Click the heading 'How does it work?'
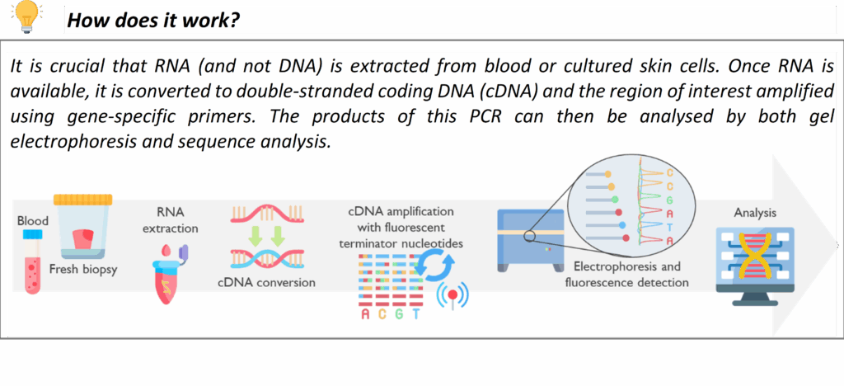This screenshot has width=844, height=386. [x=153, y=21]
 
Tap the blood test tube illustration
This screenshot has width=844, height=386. [x=32, y=261]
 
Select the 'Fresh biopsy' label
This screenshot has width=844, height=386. [x=83, y=269]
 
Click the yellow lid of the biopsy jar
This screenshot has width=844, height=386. [x=83, y=200]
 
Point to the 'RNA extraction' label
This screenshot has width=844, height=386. [x=170, y=220]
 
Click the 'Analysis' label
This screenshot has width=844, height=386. [x=755, y=213]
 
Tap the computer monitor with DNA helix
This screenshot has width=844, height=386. [x=755, y=266]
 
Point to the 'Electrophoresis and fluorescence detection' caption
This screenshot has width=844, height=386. [x=626, y=275]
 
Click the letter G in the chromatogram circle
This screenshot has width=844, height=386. [x=669, y=200]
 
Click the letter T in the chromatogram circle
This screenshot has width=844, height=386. [x=669, y=227]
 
